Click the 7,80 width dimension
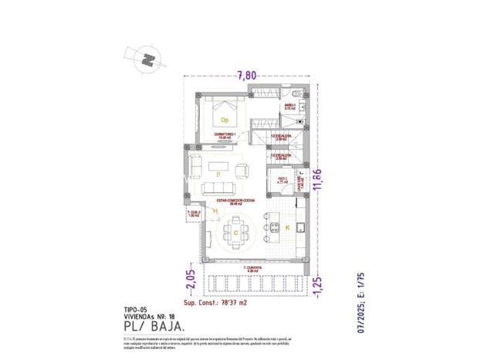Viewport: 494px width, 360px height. (247, 76)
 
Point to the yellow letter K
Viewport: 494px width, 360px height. (287, 228)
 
